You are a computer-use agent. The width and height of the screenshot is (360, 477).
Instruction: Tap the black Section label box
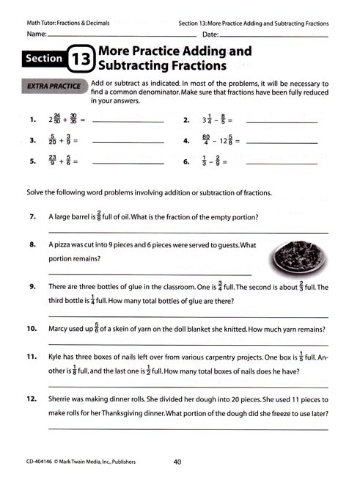coord(44,59)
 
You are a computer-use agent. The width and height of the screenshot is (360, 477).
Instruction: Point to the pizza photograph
coord(295,256)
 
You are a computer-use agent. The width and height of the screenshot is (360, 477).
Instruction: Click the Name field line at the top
coord(117,35)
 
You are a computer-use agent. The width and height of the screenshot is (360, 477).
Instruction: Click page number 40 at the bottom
coord(177,462)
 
